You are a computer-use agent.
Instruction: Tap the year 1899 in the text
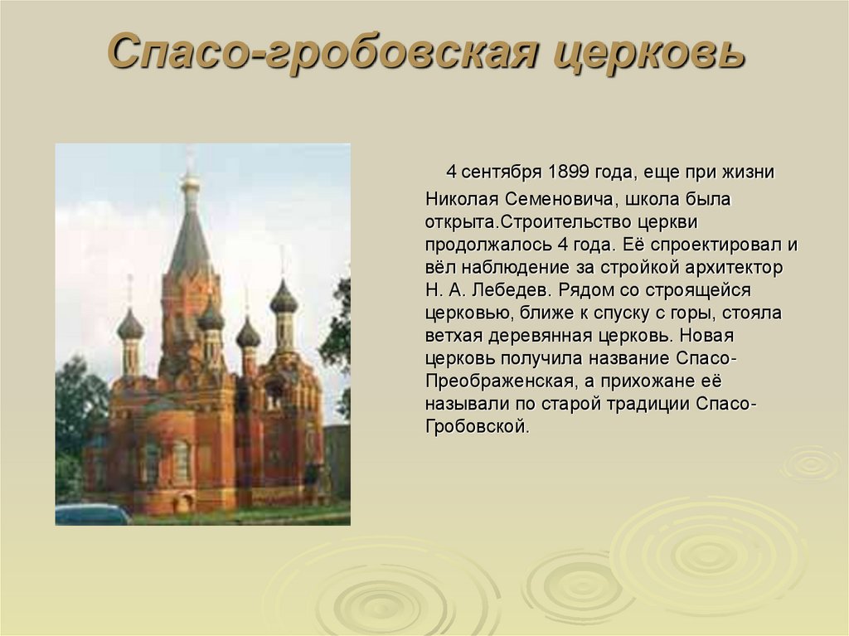(569, 172)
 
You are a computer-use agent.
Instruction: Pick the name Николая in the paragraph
(459, 199)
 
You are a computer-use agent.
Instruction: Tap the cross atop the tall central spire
(190, 158)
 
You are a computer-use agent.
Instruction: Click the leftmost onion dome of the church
(130, 325)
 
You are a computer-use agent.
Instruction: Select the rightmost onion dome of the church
(284, 299)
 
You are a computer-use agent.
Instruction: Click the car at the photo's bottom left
(91, 514)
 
